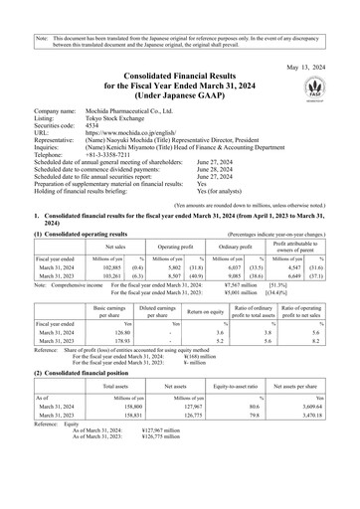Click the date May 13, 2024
point(313,40)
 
